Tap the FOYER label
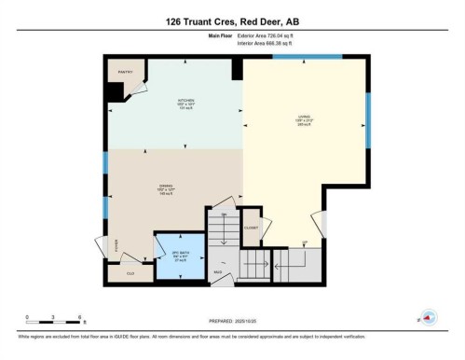pos(116,246)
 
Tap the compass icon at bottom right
pos(430,318)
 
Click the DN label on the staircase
pos(224,215)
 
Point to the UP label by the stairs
pos(304,243)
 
